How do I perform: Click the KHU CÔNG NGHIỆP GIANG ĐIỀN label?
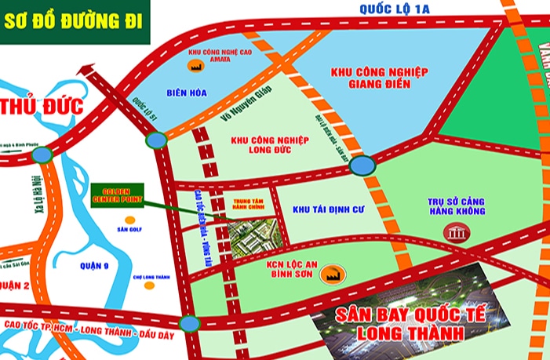coord(379,78)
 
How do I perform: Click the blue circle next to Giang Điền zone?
coord(362,165)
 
